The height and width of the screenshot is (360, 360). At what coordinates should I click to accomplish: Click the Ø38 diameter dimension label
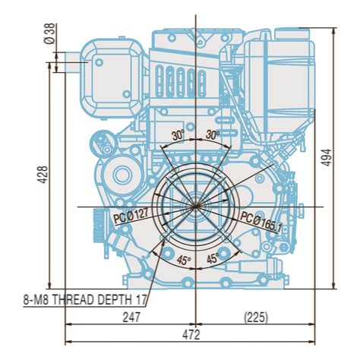coord(50,33)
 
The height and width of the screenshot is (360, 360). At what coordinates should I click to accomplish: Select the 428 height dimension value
coord(43,175)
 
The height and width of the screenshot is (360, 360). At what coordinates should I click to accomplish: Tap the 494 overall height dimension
coord(327,157)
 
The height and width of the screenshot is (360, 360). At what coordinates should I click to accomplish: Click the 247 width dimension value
coord(131,317)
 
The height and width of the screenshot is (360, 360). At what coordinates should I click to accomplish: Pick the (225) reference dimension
coord(256,317)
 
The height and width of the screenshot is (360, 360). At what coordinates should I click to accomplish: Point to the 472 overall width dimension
coord(191,335)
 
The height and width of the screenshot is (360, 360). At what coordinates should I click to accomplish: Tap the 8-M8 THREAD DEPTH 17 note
coord(85,300)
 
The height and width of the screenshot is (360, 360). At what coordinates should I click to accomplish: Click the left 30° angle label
coord(178,136)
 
